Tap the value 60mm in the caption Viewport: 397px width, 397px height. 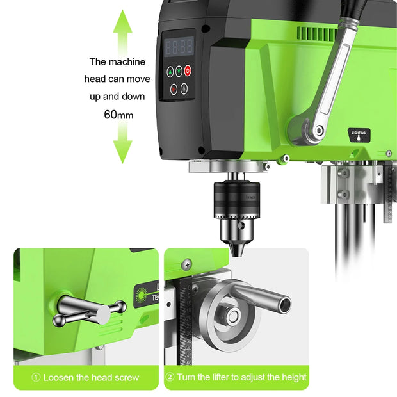pos(118,115)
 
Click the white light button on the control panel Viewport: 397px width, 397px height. pos(184,89)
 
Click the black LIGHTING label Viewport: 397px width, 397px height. pos(359,135)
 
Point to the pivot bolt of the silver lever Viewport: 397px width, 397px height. pos(318,131)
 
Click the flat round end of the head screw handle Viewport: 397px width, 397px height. pos(102,314)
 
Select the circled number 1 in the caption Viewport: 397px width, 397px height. pos(36,377)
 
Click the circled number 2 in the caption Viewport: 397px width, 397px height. pos(170,377)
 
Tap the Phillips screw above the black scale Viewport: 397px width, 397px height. pos(186,263)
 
